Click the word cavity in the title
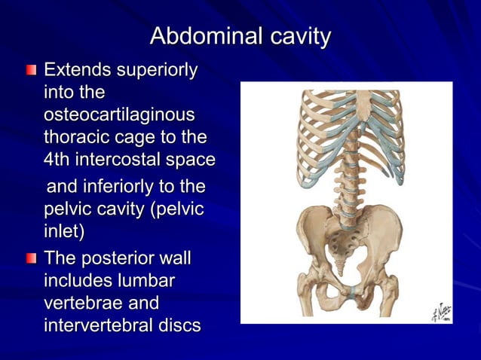(x=294, y=35)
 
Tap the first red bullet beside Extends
(x=30, y=72)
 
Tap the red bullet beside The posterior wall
(x=30, y=260)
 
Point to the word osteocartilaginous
(x=119, y=116)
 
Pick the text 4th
(x=59, y=160)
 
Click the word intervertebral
(x=103, y=327)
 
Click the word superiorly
(x=158, y=71)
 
